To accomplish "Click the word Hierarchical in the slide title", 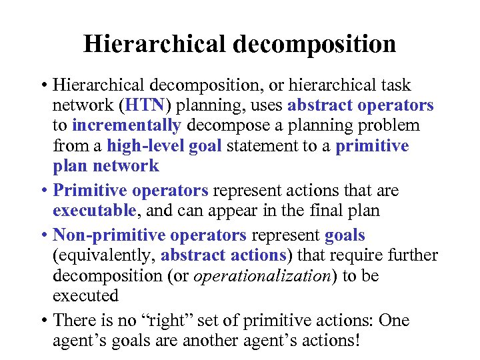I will coord(155,44).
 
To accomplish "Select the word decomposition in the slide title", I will coord(314,44).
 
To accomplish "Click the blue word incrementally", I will coord(127,126).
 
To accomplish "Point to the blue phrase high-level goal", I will coord(164,146).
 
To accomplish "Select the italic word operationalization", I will coord(262,276).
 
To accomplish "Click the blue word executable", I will coord(95,211).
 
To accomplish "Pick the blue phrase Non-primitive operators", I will coord(150,236).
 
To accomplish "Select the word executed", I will coord(85,296).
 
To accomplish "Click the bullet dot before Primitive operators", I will coord(43,191).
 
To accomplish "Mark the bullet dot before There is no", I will coord(43,321).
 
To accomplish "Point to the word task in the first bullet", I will coord(395,86).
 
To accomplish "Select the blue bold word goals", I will coord(345,236).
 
